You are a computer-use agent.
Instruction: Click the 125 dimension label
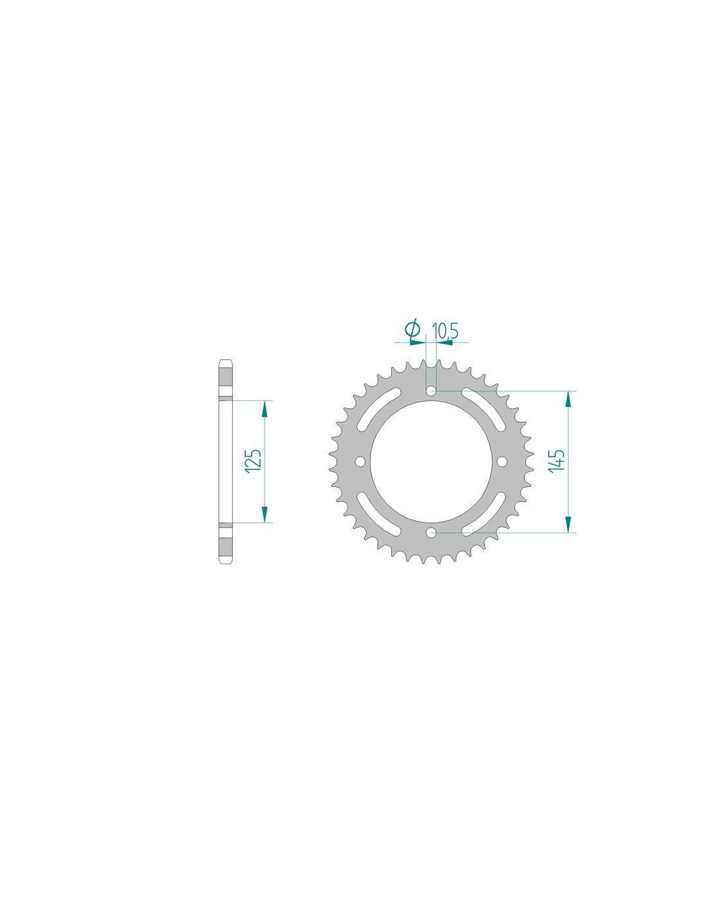click(x=256, y=460)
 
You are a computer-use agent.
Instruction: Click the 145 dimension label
click(x=556, y=461)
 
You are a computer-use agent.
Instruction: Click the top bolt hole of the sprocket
click(x=431, y=391)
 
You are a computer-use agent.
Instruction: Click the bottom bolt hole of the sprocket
click(x=431, y=533)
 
